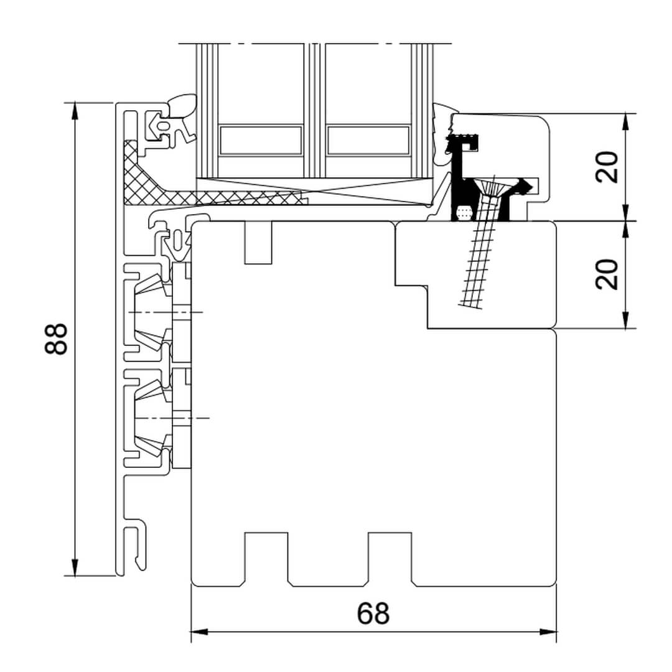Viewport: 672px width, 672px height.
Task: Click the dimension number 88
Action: [x=56, y=338]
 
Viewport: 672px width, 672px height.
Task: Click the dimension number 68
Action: [x=373, y=614]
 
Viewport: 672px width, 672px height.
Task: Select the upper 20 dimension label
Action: [x=608, y=167]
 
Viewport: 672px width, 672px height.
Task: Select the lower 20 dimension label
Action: [x=608, y=274]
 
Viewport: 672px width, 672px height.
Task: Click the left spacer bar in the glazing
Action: [x=261, y=140]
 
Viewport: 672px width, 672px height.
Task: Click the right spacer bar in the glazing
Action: [x=368, y=140]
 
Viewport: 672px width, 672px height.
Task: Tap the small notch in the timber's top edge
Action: [x=258, y=242]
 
